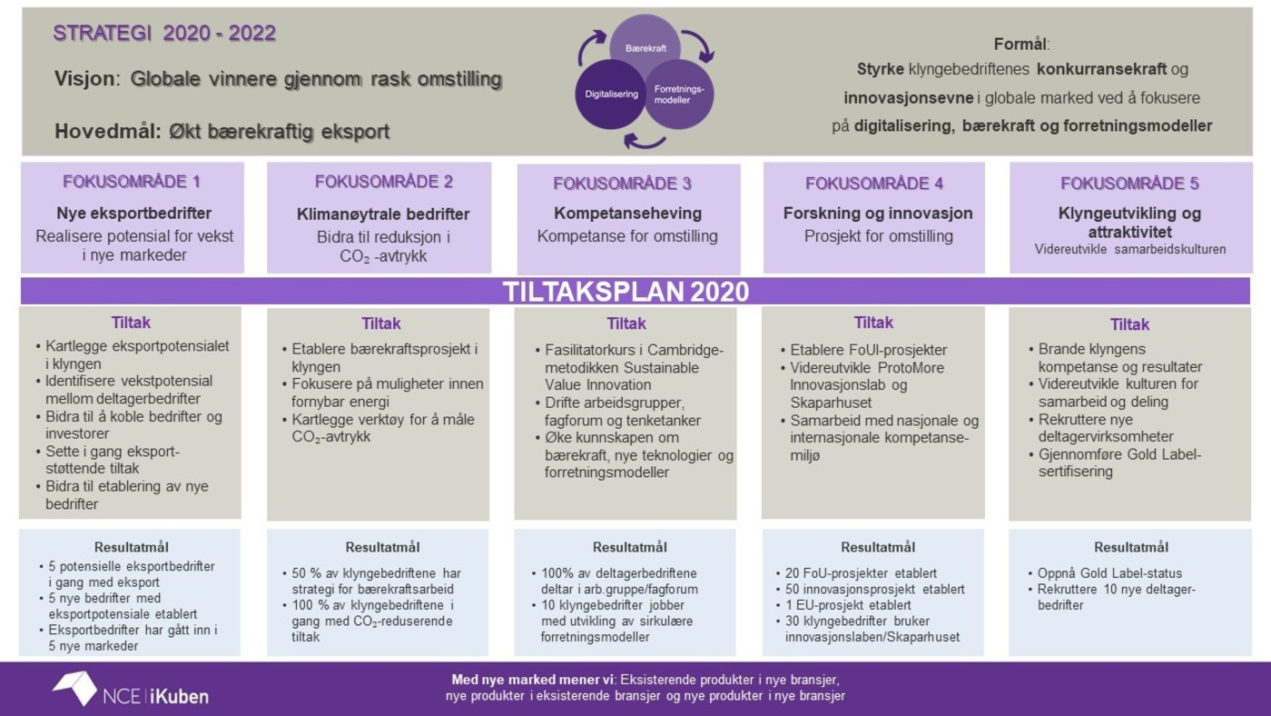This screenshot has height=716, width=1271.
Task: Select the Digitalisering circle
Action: coord(610,94)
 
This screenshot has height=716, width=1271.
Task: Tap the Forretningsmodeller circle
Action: coord(679,94)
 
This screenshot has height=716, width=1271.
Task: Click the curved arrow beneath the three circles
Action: coord(645,141)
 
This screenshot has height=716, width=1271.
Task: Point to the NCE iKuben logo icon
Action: coord(74,688)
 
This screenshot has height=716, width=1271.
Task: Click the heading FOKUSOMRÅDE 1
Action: coord(132,182)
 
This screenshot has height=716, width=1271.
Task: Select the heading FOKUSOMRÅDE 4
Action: coord(874,184)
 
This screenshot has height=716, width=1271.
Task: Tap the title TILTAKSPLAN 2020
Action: coord(626,292)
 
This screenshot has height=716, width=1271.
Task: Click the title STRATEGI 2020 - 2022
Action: coord(164,33)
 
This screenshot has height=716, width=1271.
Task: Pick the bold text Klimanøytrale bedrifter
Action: coord(383,214)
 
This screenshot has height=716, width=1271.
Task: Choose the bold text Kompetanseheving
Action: coord(627,213)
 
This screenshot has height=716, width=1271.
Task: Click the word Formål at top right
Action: coord(1020,45)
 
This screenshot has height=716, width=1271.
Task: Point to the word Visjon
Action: coord(84,78)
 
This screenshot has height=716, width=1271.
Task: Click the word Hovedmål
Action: coord(108,131)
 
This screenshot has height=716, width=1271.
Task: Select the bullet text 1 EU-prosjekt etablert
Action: coord(848,605)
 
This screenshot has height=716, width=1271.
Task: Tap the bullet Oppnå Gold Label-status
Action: coord(1109,573)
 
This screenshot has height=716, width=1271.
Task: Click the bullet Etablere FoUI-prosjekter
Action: coord(869,350)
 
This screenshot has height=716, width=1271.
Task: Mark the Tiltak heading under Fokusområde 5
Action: coord(1129,324)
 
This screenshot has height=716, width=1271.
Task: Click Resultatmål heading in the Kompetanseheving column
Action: coord(630,547)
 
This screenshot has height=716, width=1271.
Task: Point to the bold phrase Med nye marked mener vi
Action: coord(534,680)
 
